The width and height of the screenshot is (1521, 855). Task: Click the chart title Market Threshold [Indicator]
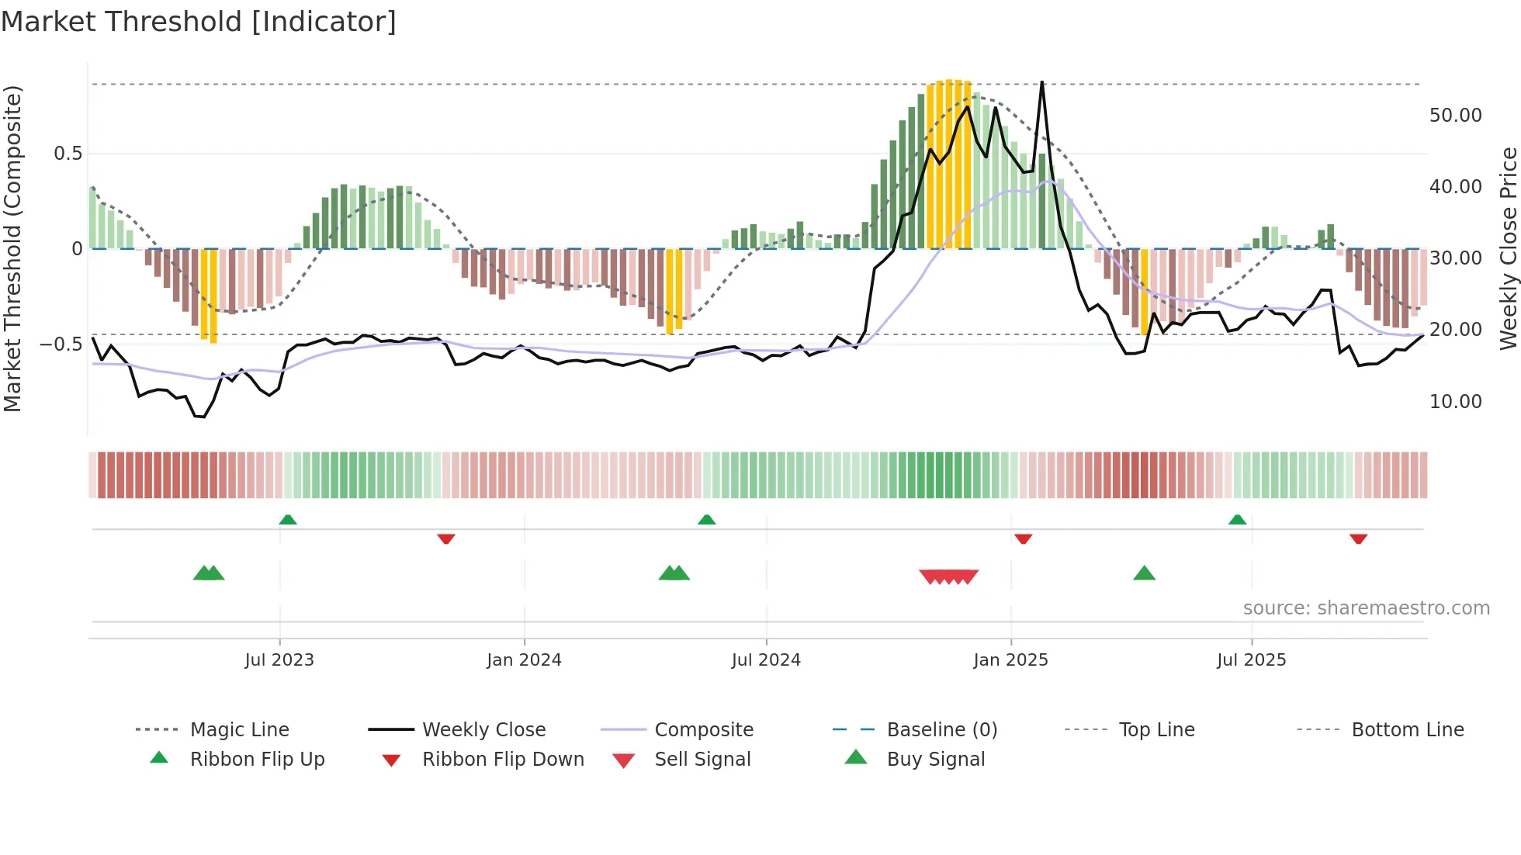199,22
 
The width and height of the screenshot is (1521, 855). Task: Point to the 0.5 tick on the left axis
68,154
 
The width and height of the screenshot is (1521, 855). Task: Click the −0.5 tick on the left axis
61,344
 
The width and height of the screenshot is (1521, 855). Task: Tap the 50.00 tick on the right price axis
1455,116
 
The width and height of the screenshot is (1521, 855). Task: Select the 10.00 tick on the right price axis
1455,402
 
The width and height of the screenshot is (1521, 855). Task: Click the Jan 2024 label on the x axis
524,660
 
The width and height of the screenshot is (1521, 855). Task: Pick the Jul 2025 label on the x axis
1251,660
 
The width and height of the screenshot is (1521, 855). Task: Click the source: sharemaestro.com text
1366,608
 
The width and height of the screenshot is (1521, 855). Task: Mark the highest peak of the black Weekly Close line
1041,82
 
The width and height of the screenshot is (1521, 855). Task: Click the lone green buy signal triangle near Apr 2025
1144,573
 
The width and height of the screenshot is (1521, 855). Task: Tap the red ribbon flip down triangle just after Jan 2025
1023,538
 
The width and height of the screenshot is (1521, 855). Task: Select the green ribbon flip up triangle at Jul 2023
288,519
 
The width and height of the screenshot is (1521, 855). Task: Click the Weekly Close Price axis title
1508,248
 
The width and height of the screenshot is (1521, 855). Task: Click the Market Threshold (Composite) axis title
12,248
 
